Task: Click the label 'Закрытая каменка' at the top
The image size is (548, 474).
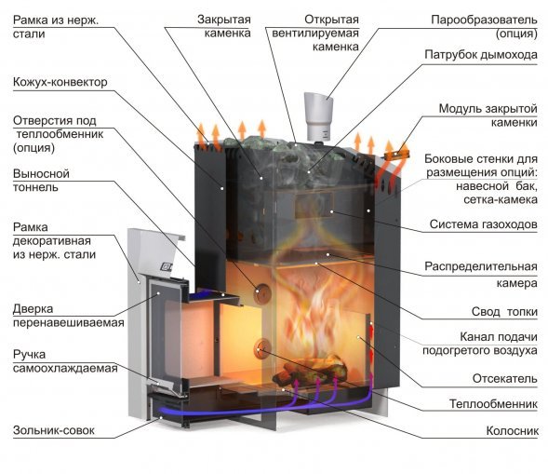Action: click(x=224, y=26)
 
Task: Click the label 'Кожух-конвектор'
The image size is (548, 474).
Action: click(x=60, y=83)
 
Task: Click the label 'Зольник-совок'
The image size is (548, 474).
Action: click(x=54, y=431)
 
